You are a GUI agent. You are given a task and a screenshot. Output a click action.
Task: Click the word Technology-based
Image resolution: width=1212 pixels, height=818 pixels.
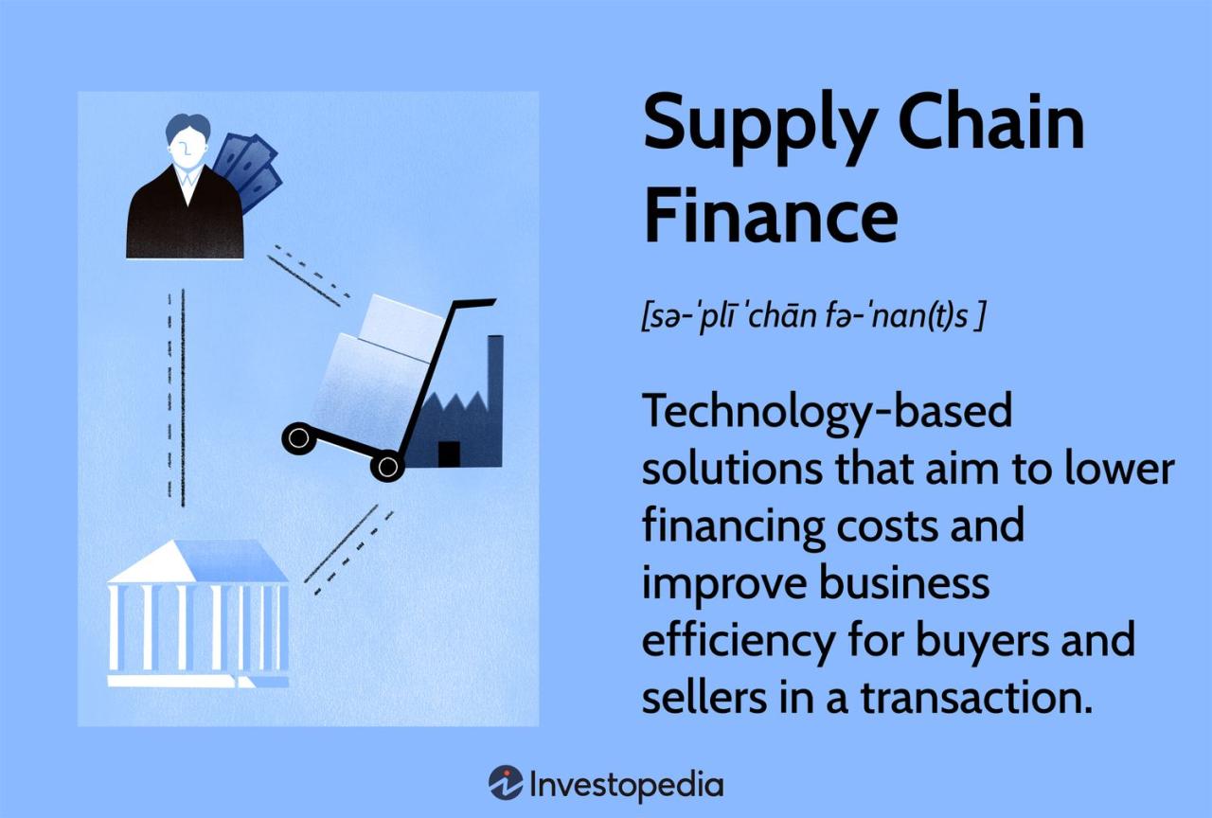pos(827,413)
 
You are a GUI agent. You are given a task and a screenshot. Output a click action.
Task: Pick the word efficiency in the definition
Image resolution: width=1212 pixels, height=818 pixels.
pos(729,641)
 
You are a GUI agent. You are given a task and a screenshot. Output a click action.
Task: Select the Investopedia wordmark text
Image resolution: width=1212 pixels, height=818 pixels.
pos(626,785)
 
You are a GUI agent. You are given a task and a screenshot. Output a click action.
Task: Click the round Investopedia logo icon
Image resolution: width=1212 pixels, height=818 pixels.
pos(506,783)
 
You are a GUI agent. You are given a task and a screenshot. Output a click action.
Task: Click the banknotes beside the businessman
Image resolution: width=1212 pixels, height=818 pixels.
pos(249,170)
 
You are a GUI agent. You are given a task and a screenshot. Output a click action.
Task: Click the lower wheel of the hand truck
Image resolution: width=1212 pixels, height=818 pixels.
pos(386,465)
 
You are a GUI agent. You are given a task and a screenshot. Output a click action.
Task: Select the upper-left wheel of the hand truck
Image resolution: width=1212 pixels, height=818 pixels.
pos(297,437)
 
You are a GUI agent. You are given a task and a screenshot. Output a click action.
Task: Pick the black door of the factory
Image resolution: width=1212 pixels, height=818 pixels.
pos(449,453)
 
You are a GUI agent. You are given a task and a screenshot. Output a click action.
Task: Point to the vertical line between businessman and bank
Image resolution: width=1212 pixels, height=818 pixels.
pos(181,398)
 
